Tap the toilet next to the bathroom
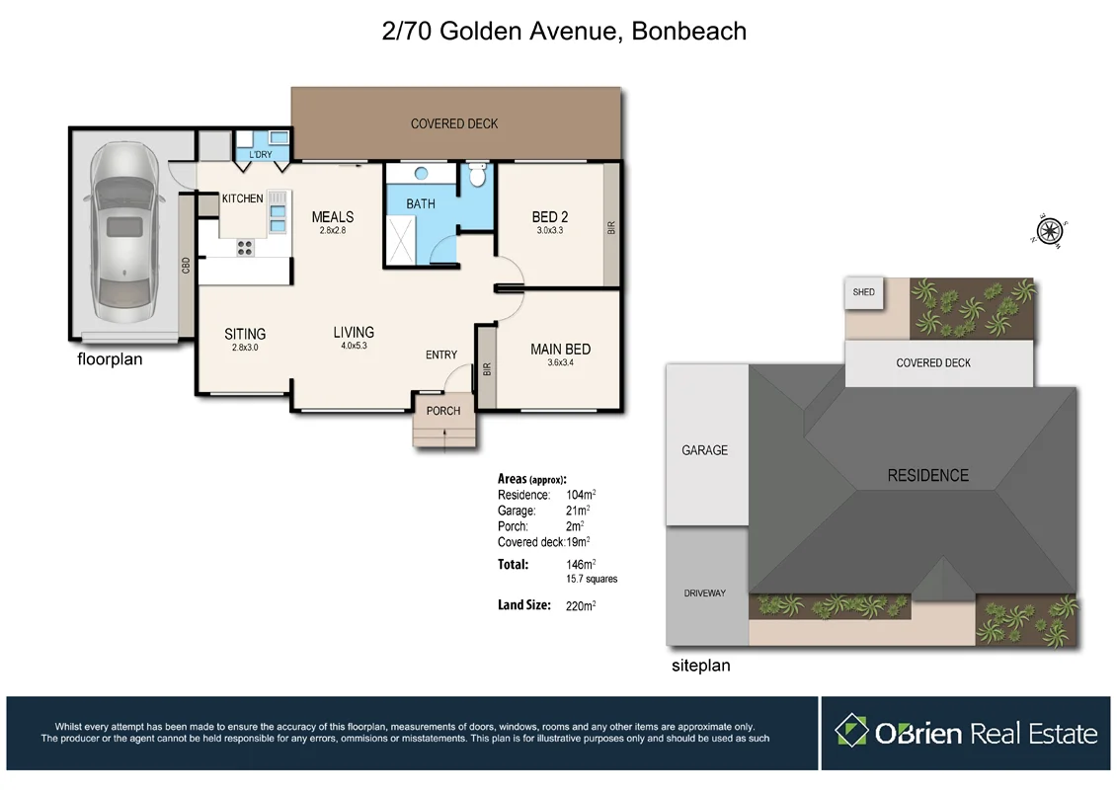pyautogui.click(x=477, y=176)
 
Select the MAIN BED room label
pyautogui.click(x=560, y=349)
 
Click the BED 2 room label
pyautogui.click(x=550, y=217)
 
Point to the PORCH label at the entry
pyautogui.click(x=443, y=411)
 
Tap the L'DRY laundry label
pyautogui.click(x=261, y=155)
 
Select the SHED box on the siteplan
pyautogui.click(x=864, y=292)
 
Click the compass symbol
pyautogui.click(x=1050, y=231)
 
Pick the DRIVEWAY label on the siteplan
pyautogui.click(x=705, y=593)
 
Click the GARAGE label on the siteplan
pyautogui.click(x=704, y=450)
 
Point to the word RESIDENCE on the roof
pyautogui.click(x=927, y=475)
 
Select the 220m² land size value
pyautogui.click(x=580, y=605)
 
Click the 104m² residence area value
pyautogui.click(x=580, y=495)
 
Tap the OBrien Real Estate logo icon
pyautogui.click(x=850, y=733)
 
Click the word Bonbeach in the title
pyautogui.click(x=688, y=31)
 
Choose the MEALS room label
pyautogui.click(x=332, y=217)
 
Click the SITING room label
pyautogui.click(x=245, y=334)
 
